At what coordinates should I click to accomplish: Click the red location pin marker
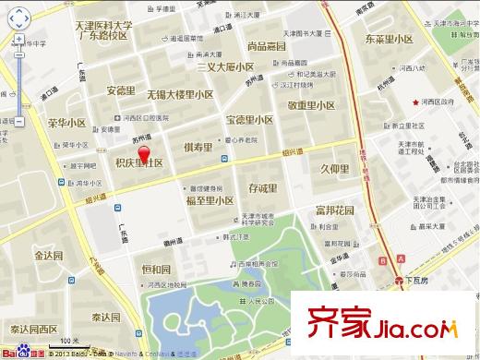(x=142, y=144)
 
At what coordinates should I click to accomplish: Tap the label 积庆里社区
(x=138, y=162)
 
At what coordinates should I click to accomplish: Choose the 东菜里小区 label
(x=388, y=41)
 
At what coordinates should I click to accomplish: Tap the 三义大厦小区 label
(x=220, y=67)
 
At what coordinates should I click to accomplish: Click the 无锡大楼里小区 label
(x=180, y=94)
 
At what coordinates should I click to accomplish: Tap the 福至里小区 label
(x=210, y=199)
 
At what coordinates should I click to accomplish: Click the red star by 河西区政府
(x=415, y=101)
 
